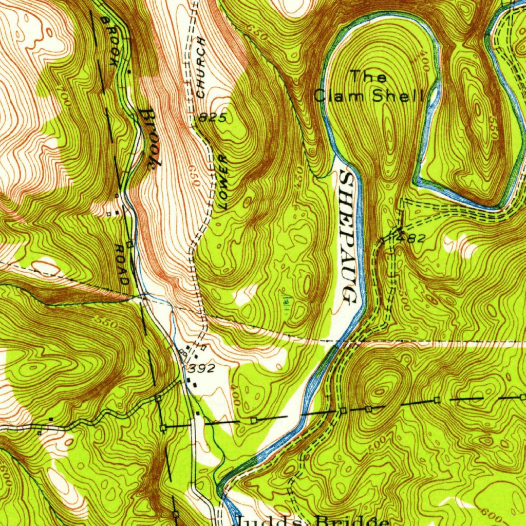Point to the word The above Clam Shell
tap(368, 77)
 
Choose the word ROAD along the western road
tap(122, 265)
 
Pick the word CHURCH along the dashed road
tap(201, 67)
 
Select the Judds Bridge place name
tap(308, 520)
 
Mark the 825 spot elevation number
tap(213, 118)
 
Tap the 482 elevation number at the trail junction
tap(414, 238)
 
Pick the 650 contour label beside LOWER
tap(194, 174)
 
